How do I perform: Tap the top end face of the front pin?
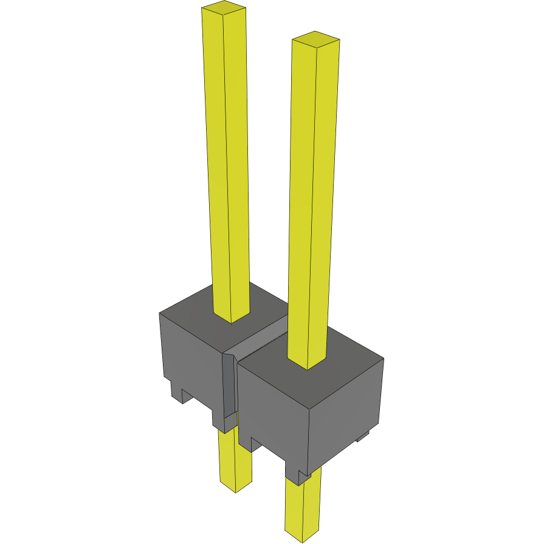pos(315,40)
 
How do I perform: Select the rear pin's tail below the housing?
pos(235,459)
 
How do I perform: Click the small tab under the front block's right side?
pos(363,435)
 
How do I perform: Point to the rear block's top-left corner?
pos(160,313)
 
